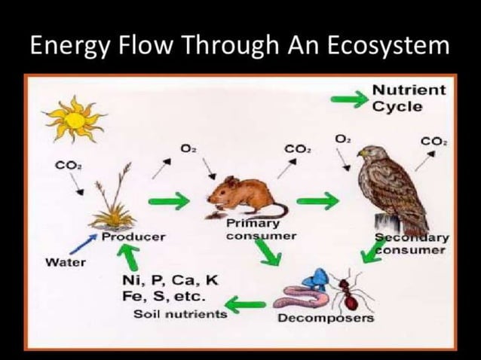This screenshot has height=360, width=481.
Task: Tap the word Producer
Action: pyautogui.click(x=133, y=236)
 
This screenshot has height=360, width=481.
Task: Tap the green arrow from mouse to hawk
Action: pyautogui.click(x=317, y=200)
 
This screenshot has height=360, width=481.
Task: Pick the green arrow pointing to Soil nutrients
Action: pyautogui.click(x=247, y=304)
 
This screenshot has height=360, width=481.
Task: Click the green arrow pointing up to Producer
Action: pyautogui.click(x=131, y=258)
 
